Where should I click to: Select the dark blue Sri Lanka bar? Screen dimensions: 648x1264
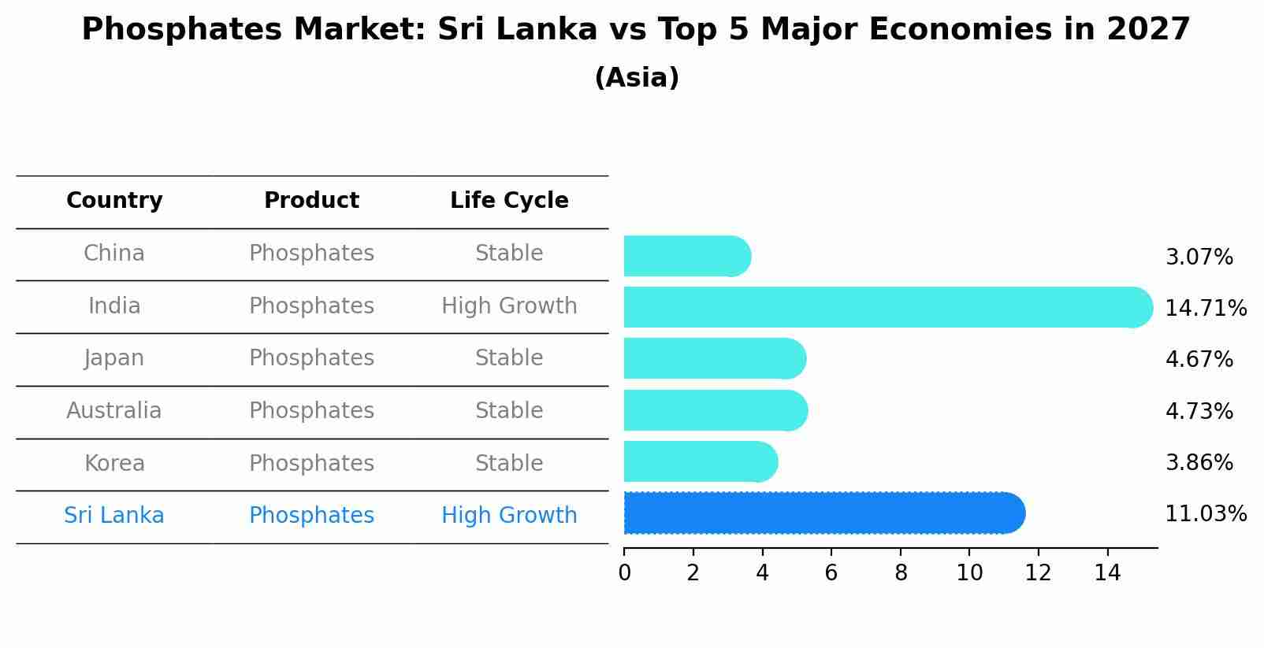pos(823,513)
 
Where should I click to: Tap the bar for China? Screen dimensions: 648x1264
pos(686,256)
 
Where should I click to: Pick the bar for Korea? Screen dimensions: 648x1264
pos(700,461)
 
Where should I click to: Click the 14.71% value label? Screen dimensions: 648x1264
pos(1205,308)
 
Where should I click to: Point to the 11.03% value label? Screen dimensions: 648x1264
pos(1205,514)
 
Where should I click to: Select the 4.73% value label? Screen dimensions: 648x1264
pos(1199,411)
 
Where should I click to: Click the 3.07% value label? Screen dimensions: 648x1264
pos(1199,257)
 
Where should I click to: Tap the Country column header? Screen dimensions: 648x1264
pos(114,201)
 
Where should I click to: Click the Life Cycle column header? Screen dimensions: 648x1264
pos(509,201)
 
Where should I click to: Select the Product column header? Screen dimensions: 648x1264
pos(311,201)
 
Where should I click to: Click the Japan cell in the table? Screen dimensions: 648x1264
pos(114,358)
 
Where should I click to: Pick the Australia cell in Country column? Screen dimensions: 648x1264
pos(114,411)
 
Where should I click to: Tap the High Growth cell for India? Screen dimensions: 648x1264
pos(509,306)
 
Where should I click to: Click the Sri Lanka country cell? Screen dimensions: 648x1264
pos(114,516)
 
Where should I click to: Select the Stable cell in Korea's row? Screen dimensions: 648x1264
pos(509,464)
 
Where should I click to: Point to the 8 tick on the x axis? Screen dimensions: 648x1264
pos(901,572)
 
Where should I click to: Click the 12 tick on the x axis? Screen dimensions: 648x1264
pos(1039,572)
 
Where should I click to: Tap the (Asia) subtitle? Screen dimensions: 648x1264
pos(637,78)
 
